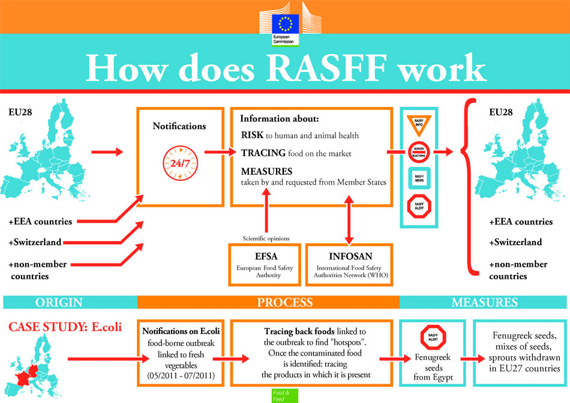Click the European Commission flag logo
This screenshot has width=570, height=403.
click(284, 24)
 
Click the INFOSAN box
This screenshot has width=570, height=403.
click(349, 264)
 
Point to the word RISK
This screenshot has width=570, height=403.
click(251, 135)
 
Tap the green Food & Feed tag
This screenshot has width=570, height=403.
click(282, 395)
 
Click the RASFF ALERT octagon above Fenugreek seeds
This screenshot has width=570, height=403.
click(430, 337)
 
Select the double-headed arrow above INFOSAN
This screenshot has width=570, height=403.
click(349, 223)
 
